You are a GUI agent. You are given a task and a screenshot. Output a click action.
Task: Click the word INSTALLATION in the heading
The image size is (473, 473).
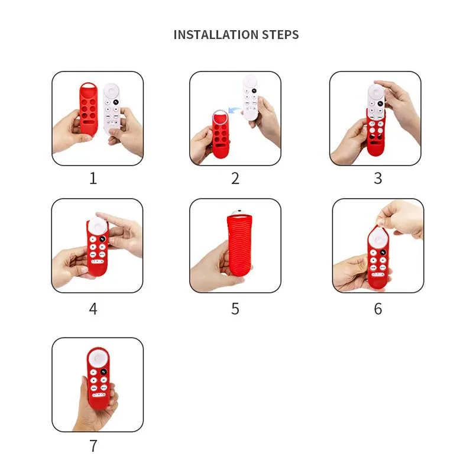click(216, 35)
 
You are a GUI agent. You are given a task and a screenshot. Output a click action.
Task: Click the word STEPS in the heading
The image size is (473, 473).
click(280, 35)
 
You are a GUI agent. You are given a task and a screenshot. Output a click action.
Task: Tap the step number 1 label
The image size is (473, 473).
click(93, 178)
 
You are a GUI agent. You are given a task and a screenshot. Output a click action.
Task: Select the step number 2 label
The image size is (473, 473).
click(235, 178)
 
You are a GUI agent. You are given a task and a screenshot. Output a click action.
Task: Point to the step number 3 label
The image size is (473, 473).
click(378, 178)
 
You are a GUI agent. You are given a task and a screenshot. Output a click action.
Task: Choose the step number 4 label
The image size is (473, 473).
click(93, 309)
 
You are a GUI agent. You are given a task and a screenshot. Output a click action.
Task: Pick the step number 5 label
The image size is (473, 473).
click(235, 309)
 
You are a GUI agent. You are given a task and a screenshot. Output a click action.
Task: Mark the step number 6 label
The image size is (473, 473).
click(378, 309)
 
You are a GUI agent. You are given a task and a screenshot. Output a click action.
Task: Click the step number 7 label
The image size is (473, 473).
click(93, 446)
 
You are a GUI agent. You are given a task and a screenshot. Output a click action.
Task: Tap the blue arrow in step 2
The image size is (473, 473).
click(234, 110)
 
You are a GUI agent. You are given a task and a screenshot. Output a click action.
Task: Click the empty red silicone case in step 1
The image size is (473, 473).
click(89, 109)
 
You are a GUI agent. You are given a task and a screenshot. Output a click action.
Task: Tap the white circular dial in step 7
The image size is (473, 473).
click(98, 359)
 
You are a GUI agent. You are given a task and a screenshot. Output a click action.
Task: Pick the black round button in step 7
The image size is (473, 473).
click(103, 372)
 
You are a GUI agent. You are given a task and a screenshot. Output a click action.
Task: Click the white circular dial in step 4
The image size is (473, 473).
click(96, 225)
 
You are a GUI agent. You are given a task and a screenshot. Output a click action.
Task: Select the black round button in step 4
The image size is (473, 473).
click(102, 239)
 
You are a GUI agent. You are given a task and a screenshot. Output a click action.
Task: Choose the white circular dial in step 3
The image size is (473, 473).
click(376, 93)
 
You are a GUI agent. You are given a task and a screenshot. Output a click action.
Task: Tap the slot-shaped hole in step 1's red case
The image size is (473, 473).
click(88, 122)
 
